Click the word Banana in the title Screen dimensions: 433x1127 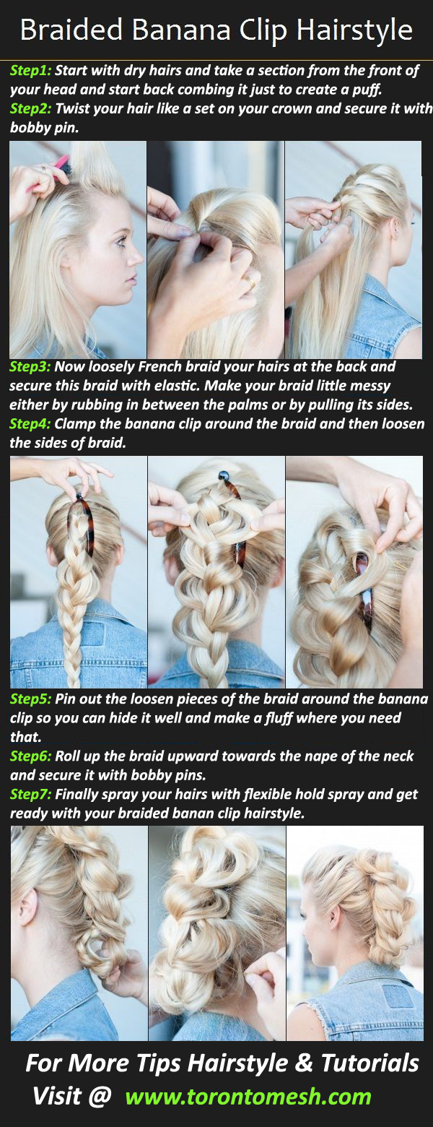[181, 30]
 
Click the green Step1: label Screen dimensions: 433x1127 [30, 71]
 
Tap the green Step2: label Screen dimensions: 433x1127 [30, 108]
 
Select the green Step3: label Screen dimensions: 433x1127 [30, 366]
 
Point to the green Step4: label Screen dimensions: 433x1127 [30, 423]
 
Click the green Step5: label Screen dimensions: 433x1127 [30, 699]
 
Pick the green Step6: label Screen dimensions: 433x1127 [30, 756]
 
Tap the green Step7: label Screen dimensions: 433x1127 [30, 794]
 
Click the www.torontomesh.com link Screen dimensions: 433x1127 [248, 1097]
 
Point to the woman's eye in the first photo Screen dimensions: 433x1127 [121, 242]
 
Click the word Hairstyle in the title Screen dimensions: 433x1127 [354, 31]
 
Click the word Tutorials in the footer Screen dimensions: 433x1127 [369, 1063]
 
